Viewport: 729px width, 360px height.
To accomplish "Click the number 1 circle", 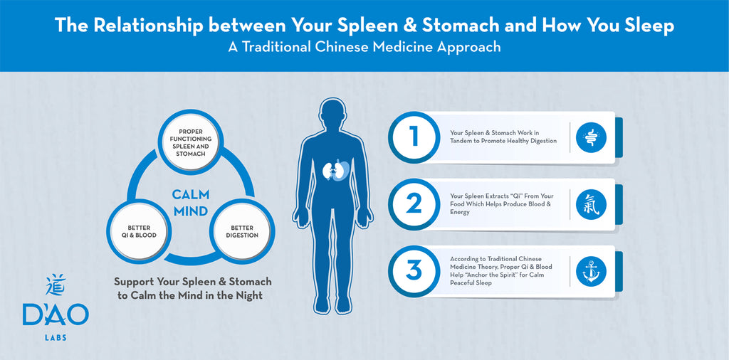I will pyautogui.click(x=414, y=136).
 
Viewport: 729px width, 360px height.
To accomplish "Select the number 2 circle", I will pyautogui.click(x=414, y=203).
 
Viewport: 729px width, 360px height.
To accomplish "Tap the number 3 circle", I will pyautogui.click(x=414, y=270).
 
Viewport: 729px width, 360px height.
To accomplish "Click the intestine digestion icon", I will pyautogui.click(x=591, y=137).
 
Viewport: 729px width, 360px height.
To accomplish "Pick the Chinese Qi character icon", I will pyautogui.click(x=591, y=204).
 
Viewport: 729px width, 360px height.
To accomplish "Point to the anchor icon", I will pyautogui.click(x=591, y=271).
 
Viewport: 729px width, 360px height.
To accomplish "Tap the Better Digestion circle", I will pyautogui.click(x=242, y=232).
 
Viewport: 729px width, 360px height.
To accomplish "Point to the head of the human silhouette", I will pyautogui.click(x=334, y=114).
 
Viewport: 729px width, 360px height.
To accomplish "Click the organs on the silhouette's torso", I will pyautogui.click(x=334, y=171).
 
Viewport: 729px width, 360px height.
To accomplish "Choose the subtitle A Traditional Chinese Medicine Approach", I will pyautogui.click(x=364, y=48).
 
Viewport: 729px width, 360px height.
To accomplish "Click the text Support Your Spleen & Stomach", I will pyautogui.click(x=193, y=282).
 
